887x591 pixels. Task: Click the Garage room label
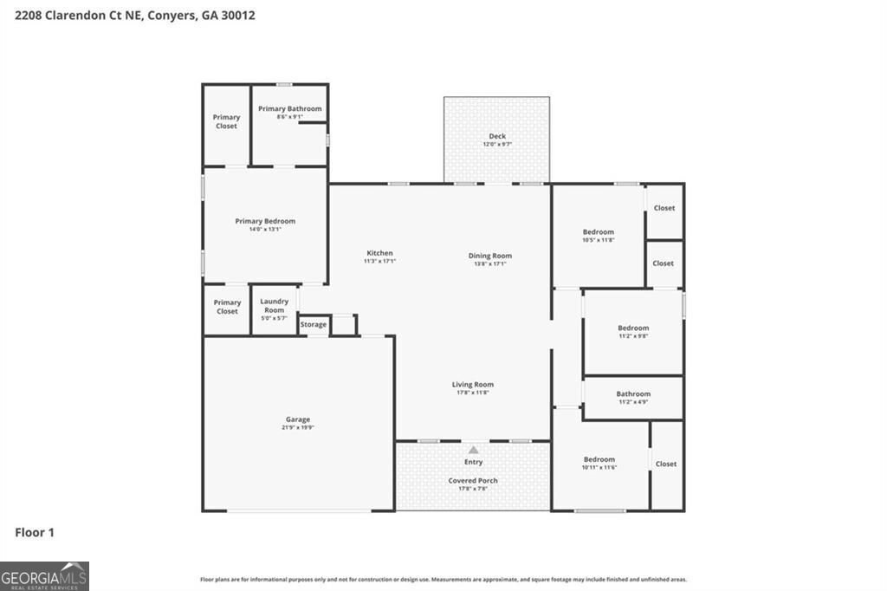(297, 419)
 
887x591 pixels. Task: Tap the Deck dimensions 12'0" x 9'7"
(496, 144)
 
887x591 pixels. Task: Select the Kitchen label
(379, 253)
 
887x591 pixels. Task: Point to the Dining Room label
(490, 256)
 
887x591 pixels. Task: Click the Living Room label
(472, 385)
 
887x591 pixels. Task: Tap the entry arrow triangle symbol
(473, 450)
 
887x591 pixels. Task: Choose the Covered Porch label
(473, 480)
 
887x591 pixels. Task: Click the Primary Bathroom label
(289, 109)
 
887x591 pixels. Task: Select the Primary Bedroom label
(265, 221)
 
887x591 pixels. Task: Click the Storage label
(314, 325)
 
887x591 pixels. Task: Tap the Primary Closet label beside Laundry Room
(227, 307)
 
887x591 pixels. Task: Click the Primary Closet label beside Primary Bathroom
(226, 121)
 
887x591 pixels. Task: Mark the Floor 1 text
(35, 532)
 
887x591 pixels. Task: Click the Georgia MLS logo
(44, 576)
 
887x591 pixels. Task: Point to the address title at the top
(129, 16)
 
